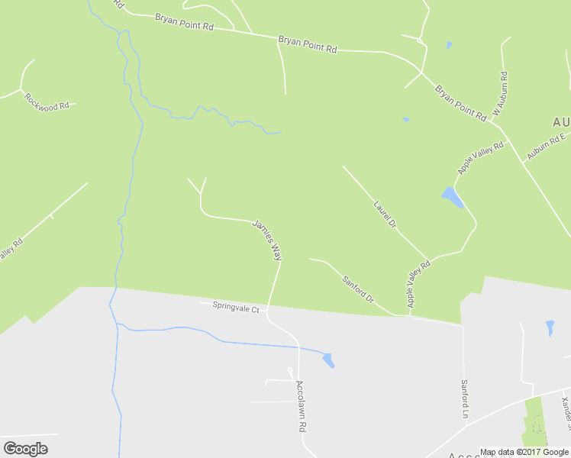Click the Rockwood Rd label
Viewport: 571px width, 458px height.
[x=47, y=102]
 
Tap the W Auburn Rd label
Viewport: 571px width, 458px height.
[x=500, y=95]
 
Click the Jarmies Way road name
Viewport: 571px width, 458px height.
[x=267, y=240]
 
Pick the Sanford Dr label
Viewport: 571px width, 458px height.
[x=358, y=289]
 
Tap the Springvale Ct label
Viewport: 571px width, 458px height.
[x=236, y=310]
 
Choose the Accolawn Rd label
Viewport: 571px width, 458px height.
[x=302, y=407]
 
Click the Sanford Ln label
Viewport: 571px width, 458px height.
[x=463, y=399]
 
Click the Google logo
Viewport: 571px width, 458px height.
[x=25, y=449]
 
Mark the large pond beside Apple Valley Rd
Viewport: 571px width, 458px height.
[x=453, y=198]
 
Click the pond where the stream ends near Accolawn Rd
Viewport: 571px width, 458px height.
[x=328, y=360]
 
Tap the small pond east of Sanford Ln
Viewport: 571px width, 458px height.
[x=550, y=328]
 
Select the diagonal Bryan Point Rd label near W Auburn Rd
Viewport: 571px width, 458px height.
[x=460, y=103]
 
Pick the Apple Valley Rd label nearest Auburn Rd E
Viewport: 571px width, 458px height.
[x=481, y=157]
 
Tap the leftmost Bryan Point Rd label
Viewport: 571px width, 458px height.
[x=184, y=21]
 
